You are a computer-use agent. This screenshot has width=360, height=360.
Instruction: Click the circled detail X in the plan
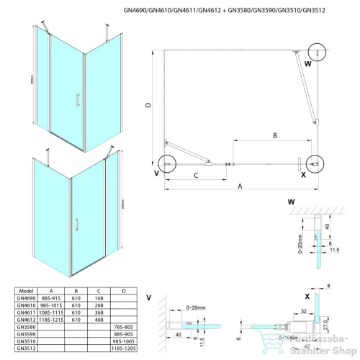tap(315, 165)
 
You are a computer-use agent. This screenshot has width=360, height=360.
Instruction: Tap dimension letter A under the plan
tap(240, 186)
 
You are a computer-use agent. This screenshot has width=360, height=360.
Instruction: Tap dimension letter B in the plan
tap(274, 135)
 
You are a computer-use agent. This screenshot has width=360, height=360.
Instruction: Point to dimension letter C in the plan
tap(195, 175)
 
